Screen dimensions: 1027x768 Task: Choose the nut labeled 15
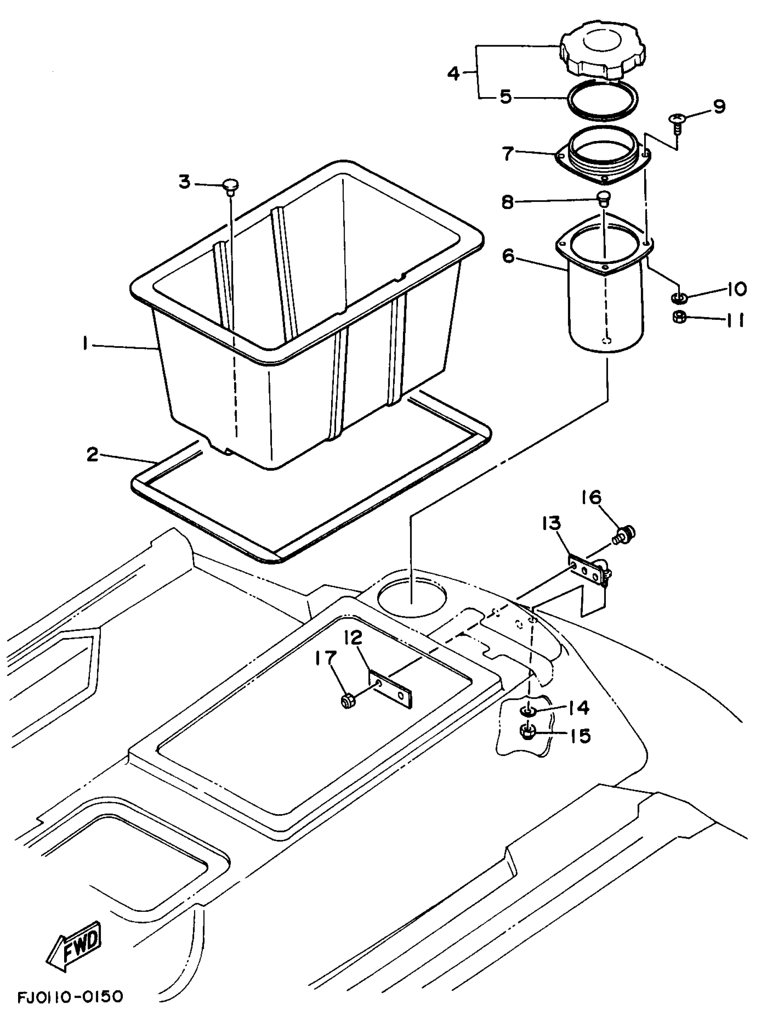527,732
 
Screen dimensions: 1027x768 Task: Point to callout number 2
93,455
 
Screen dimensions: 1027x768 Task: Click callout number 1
85,344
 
